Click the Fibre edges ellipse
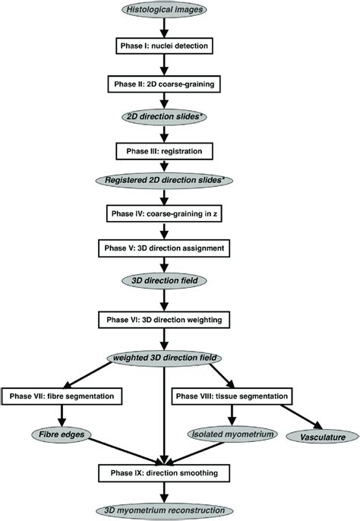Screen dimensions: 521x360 (x=61, y=435)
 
